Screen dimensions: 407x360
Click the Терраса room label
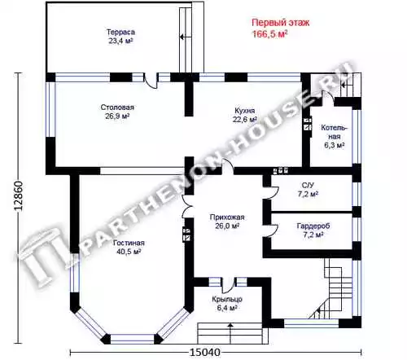point(120,32)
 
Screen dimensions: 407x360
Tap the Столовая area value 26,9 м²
point(117,116)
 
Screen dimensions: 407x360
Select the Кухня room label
point(245,111)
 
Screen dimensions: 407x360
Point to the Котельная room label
point(335,132)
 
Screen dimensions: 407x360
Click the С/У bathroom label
point(308,185)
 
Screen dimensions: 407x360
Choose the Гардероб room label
point(313,226)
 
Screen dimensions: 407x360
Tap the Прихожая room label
point(227,217)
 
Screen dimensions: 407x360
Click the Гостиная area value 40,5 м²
point(129,252)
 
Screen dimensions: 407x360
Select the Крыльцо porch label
point(227,299)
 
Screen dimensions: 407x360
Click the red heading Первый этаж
point(281,23)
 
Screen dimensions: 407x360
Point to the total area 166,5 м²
point(270,34)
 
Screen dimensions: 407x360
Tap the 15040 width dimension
point(205,353)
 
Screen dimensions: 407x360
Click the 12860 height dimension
point(19,195)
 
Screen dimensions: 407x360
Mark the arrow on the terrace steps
point(183,37)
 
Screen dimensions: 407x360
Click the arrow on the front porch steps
point(230,332)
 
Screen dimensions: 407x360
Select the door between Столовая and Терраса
point(151,81)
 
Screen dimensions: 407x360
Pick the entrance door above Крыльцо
point(228,285)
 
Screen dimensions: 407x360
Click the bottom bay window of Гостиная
point(133,339)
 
